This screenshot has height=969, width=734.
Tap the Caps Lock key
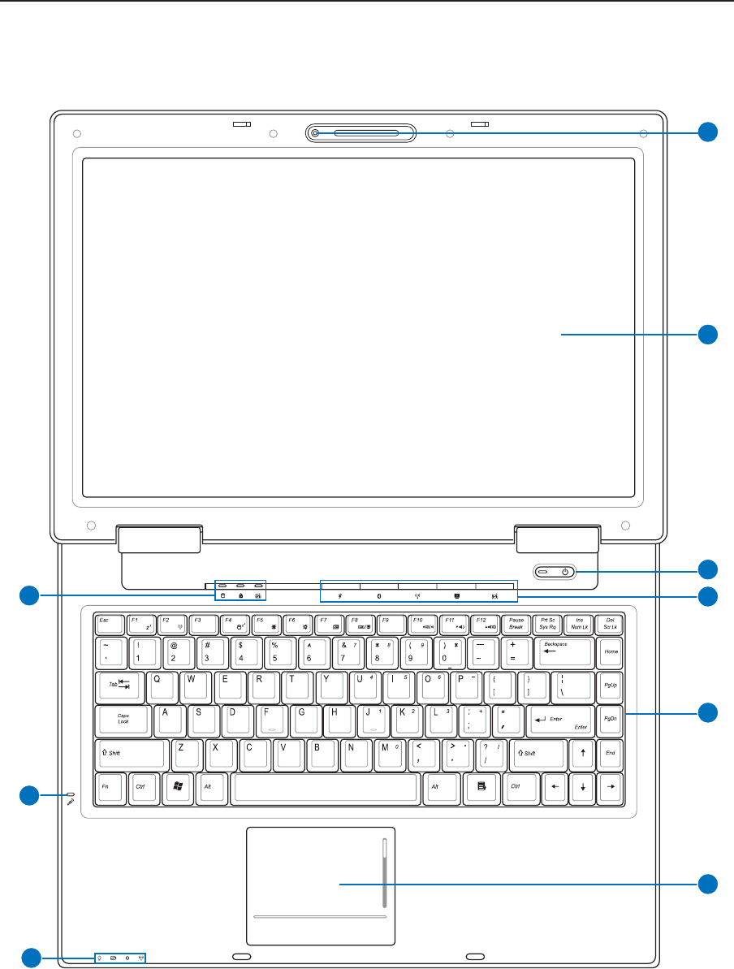pyautogui.click(x=123, y=718)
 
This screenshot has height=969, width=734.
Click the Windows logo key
pyautogui.click(x=177, y=786)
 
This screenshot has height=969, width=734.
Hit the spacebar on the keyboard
pyautogui.click(x=326, y=786)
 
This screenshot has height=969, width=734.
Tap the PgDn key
pyautogui.click(x=610, y=718)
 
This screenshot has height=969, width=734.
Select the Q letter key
pyautogui.click(x=160, y=685)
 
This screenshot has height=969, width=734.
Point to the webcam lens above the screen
pyautogui.click(x=314, y=133)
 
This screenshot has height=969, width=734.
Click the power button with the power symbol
pyautogui.click(x=566, y=572)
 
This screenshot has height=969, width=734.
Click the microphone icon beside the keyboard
pyautogui.click(x=72, y=800)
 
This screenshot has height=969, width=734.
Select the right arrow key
pyautogui.click(x=610, y=786)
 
